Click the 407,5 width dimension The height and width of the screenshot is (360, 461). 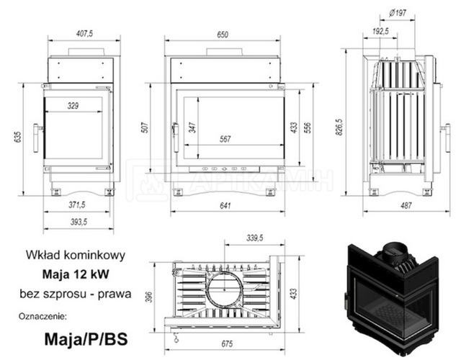(x=84, y=34)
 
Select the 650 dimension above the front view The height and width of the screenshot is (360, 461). (x=223, y=35)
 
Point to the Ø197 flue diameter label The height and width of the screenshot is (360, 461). (x=398, y=13)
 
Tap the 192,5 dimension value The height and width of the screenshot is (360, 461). (x=380, y=31)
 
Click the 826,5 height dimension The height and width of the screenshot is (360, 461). (x=339, y=127)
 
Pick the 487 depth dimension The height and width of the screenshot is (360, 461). (x=406, y=205)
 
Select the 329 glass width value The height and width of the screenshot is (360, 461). (x=73, y=106)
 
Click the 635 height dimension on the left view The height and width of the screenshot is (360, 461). (x=17, y=137)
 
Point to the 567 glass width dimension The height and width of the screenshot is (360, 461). (x=225, y=139)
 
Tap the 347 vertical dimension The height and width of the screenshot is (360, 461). (x=192, y=127)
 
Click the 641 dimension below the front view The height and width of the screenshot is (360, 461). (x=225, y=205)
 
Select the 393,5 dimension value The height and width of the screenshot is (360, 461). (x=79, y=222)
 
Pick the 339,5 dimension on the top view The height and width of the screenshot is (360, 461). (x=254, y=238)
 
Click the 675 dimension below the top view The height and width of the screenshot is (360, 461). (x=227, y=343)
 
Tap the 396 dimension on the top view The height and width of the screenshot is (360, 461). (x=149, y=297)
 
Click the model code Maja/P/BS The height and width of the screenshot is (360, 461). (x=86, y=339)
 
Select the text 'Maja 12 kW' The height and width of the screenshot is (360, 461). (x=76, y=274)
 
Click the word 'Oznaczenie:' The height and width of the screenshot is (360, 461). (x=43, y=317)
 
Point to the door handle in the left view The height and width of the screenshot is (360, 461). (x=37, y=138)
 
